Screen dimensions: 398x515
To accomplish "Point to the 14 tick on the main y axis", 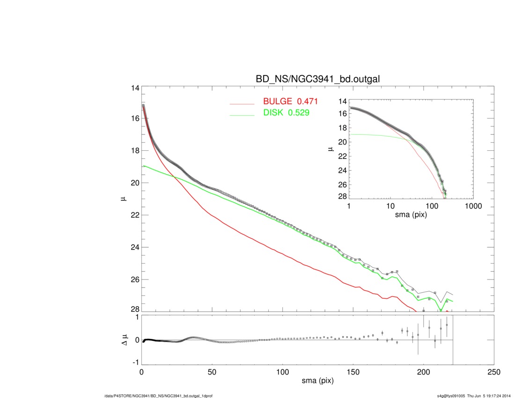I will [135, 88].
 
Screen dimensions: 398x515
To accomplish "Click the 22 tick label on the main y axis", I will [135, 215].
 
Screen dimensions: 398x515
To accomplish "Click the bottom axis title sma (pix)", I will [318, 382].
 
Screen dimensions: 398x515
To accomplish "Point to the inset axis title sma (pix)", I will [411, 215].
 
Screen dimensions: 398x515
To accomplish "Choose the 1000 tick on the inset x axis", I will [473, 206].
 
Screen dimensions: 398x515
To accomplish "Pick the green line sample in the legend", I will [243, 114].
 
